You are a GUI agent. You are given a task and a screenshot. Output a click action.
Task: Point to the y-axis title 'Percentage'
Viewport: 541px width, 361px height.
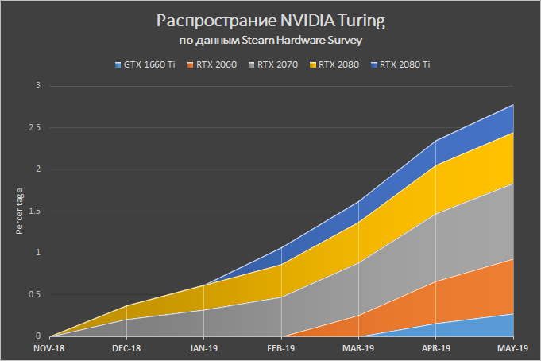(21, 211)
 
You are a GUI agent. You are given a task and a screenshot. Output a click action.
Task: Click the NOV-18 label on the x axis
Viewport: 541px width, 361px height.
(49, 348)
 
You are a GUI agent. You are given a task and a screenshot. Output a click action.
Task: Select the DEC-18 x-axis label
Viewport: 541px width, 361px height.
(127, 348)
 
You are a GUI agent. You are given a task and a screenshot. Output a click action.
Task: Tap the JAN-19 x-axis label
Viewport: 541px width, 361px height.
(204, 348)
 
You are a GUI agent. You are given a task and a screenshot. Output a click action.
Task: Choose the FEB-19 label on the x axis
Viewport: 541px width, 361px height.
(281, 348)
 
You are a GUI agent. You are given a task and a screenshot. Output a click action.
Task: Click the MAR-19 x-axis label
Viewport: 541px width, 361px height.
(359, 348)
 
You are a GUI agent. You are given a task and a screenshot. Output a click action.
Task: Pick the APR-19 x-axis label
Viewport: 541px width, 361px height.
(436, 348)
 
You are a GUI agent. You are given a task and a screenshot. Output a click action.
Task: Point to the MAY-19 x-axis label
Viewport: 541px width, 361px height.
(513, 348)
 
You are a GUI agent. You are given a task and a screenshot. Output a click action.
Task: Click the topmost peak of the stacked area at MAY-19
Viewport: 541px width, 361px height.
(513, 105)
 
